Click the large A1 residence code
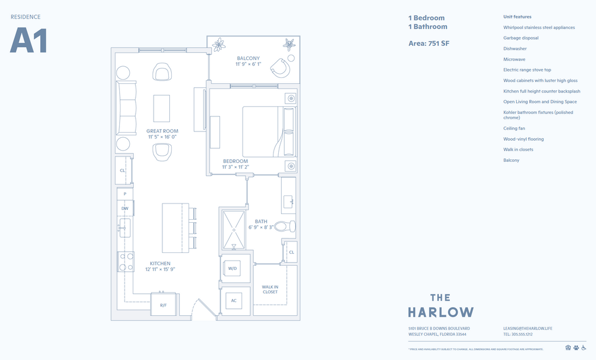29,41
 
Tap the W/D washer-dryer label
233,269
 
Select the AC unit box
234,301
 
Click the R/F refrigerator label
164,305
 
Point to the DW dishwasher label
125,208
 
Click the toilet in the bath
285,226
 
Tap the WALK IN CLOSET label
270,289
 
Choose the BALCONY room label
248,58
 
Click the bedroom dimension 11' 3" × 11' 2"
236,167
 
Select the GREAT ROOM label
162,131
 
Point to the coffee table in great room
162,108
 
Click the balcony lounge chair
282,66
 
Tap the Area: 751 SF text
429,44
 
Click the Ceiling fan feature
514,129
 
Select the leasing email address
527,329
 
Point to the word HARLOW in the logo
441,312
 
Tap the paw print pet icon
576,348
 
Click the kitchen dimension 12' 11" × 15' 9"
159,269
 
